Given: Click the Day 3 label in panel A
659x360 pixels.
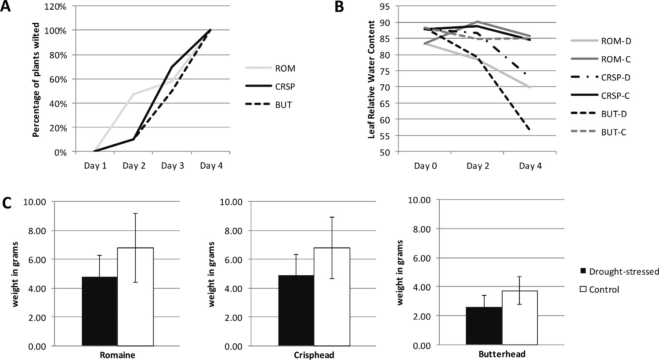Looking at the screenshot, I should (x=172, y=166).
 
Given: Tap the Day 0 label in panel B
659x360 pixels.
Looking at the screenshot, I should (x=425, y=166).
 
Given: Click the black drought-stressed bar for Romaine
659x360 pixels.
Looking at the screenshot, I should (x=100, y=311).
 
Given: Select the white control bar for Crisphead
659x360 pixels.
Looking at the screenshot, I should (x=332, y=297).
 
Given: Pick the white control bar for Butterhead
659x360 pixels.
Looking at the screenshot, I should (x=519, y=317).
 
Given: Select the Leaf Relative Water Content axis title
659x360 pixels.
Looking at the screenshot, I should (x=372, y=79).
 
